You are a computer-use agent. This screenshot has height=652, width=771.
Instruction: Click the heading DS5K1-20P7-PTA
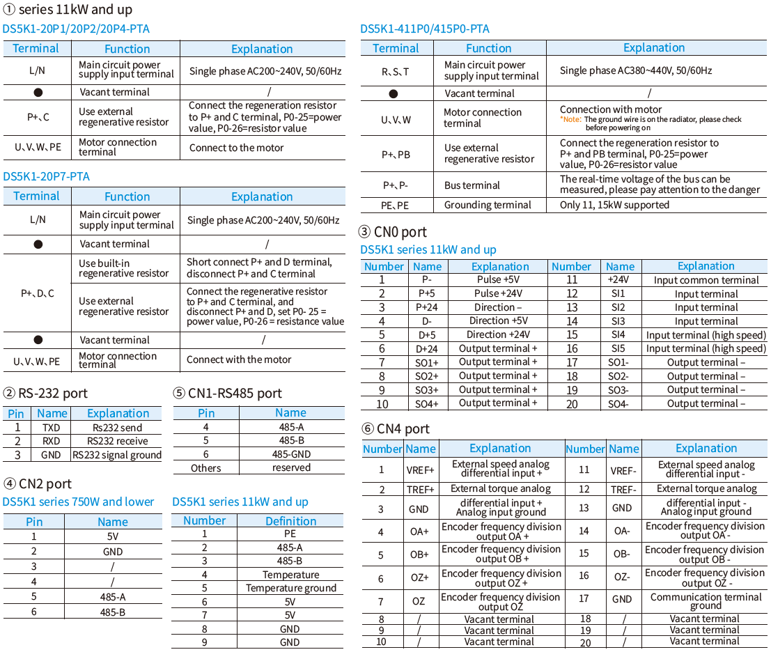pyautogui.click(x=46, y=176)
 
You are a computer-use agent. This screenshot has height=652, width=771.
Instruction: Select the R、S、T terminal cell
pyautogui.click(x=396, y=71)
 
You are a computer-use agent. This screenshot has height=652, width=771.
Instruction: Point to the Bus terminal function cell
pyautogui.click(x=472, y=185)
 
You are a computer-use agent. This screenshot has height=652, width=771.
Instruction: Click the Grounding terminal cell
pyautogui.click(x=488, y=205)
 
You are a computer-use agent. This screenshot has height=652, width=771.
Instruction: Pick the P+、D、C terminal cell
pyautogui.click(x=38, y=293)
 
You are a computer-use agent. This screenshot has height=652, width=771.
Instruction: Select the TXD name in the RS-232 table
pyautogui.click(x=52, y=428)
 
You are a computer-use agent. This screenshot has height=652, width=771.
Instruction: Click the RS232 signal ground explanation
pyautogui.click(x=117, y=455)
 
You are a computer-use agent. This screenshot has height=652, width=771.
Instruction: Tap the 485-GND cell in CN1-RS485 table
pyautogui.click(x=291, y=454)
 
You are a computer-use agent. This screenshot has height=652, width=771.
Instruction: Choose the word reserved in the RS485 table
pyautogui.click(x=291, y=467)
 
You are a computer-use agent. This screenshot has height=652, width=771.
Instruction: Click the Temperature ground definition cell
pyautogui.click(x=290, y=588)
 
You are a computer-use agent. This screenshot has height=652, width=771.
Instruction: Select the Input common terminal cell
pyautogui.click(x=706, y=280)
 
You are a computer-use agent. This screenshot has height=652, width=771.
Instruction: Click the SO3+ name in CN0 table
pyautogui.click(x=427, y=389)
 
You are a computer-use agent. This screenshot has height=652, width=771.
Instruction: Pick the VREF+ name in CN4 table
pyautogui.click(x=420, y=469)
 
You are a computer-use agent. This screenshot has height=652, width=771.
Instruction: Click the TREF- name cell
pyautogui.click(x=623, y=489)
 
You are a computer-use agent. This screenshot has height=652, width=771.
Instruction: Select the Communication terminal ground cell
pyautogui.click(x=706, y=601)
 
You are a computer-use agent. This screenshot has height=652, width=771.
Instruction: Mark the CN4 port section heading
pyautogui.click(x=395, y=429)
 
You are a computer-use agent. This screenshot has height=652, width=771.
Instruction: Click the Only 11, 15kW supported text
pyautogui.click(x=614, y=205)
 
